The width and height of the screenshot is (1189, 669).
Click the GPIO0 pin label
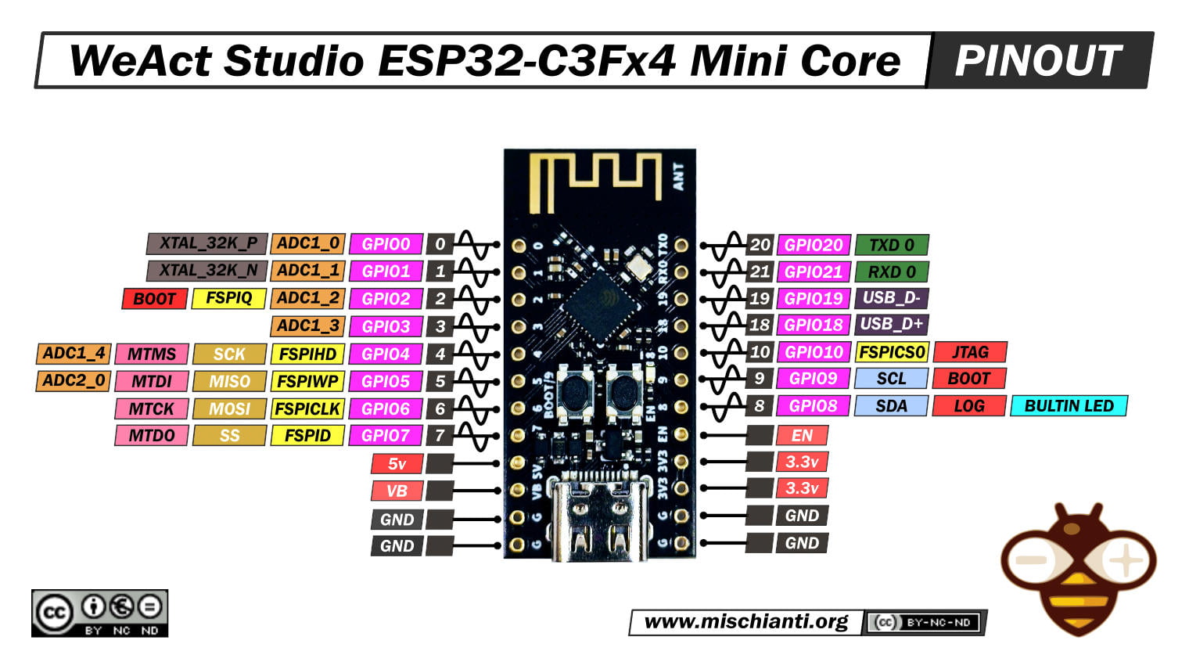(386, 244)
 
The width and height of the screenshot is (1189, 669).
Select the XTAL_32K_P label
(207, 243)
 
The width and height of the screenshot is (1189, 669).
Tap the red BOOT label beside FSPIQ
(154, 299)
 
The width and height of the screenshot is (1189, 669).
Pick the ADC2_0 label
(74, 381)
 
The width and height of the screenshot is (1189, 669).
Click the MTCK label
(152, 408)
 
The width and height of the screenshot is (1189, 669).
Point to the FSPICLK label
(307, 408)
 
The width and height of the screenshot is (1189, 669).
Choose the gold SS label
(229, 436)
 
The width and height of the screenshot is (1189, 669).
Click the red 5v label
(397, 464)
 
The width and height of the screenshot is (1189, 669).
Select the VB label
(397, 491)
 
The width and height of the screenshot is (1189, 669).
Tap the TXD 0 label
(892, 245)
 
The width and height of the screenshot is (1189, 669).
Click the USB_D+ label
(891, 325)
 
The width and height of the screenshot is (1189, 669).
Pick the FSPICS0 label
(892, 352)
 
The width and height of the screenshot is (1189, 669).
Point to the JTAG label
(969, 352)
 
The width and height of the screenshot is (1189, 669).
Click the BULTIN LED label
(1069, 406)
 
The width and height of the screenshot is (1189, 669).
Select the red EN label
(802, 436)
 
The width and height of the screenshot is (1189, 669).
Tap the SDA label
(891, 406)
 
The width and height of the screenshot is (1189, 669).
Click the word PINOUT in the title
(1038, 60)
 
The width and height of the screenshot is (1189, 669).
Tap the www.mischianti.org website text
(745, 622)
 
